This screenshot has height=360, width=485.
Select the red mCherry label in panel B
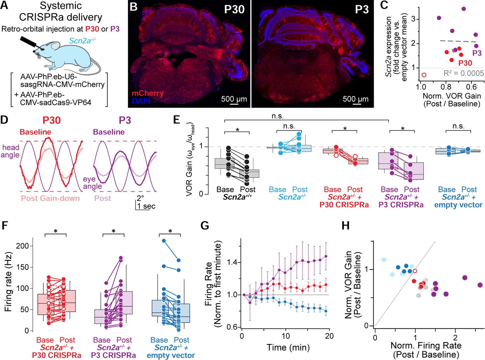pos(147,93)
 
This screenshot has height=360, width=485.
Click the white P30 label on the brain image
pos(234,9)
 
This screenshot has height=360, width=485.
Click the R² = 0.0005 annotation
pos(463,73)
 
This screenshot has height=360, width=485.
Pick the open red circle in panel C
pos(424,75)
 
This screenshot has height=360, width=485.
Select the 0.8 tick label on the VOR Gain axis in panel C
pos(446,87)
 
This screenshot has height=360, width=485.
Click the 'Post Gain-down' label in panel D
pos(50,198)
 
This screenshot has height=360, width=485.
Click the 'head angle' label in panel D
pos(10,151)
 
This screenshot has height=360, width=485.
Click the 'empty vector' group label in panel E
pos(458,205)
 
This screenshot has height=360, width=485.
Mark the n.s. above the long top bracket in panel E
pos(278,116)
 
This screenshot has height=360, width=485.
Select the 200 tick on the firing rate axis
pos(22,246)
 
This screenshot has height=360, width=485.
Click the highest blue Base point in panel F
pos(164,241)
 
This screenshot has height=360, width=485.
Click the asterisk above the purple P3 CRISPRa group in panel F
pos(113,231)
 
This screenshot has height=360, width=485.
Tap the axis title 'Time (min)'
pos(288,347)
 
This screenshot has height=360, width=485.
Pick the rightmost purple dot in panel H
pos(480,285)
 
